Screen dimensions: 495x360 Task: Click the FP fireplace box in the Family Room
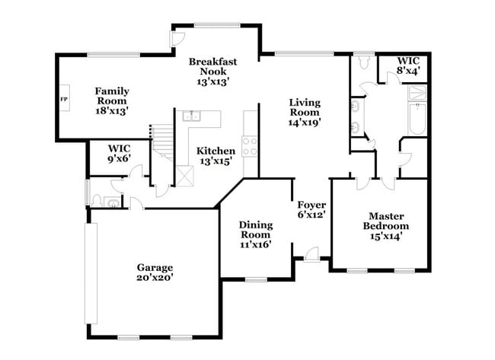tap(65, 98)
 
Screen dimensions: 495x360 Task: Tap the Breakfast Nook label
tap(212, 66)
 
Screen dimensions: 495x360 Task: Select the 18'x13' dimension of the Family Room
tap(112, 111)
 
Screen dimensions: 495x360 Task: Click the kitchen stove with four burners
tap(250, 146)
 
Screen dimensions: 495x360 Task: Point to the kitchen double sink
tap(191, 116)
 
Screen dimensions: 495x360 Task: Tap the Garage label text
tap(155, 268)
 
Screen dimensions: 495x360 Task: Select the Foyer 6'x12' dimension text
tap(311, 215)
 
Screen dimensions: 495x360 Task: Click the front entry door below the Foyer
tap(311, 255)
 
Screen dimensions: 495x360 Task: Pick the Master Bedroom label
tap(386, 221)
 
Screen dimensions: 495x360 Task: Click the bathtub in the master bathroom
tap(417, 119)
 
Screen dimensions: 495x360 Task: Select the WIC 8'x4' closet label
tap(408, 65)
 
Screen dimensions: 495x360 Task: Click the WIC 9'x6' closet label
tap(119, 153)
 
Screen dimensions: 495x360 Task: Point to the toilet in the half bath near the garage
tap(96, 201)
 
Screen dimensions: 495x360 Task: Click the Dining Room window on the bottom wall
tap(256, 279)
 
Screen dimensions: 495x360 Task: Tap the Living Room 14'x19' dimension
tap(305, 123)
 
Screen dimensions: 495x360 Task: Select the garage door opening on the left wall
tap(91, 273)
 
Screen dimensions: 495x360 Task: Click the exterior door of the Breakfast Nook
tap(174, 39)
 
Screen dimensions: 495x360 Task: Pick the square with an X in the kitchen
tap(185, 176)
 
